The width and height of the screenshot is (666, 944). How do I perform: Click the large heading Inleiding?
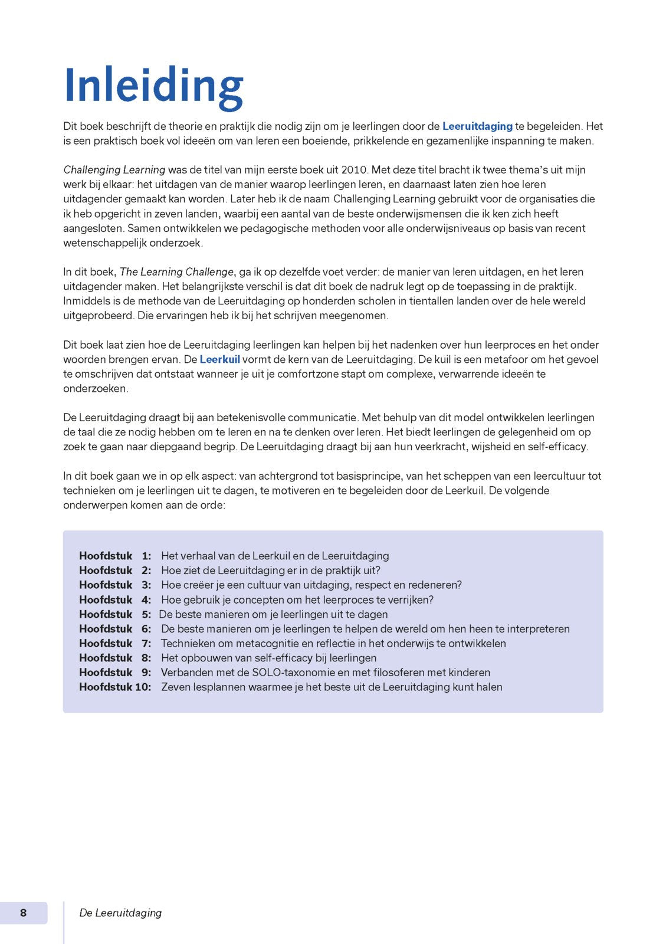[x=153, y=87]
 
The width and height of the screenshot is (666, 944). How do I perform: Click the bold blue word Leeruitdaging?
[x=477, y=126]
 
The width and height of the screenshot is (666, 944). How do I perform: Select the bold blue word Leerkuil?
[x=219, y=359]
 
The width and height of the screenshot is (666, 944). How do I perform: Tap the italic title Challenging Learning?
[x=114, y=170]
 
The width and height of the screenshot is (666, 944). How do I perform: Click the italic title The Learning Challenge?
[x=176, y=272]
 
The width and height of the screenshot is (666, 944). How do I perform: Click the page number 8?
[x=24, y=913]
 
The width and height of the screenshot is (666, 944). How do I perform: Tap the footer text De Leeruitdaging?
[x=120, y=913]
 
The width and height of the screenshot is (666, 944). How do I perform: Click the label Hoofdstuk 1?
[x=115, y=556]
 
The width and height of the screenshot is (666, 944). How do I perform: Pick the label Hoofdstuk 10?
[x=115, y=687]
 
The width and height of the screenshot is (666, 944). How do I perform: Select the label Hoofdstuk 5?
[x=115, y=614]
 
